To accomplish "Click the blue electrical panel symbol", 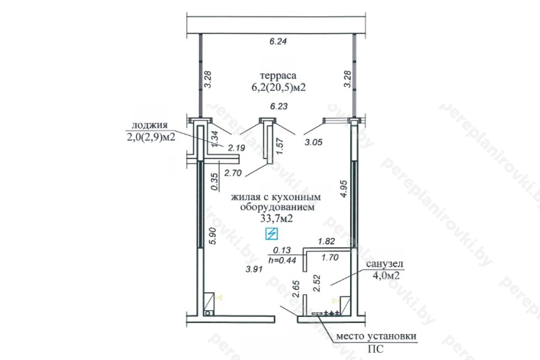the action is pyautogui.click(x=271, y=234).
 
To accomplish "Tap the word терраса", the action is pyautogui.click(x=278, y=76).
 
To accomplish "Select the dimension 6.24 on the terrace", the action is pyautogui.click(x=278, y=41).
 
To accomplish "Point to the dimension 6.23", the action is pyautogui.click(x=279, y=106).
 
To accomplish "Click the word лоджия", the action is pyautogui.click(x=149, y=125).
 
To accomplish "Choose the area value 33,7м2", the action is pyautogui.click(x=276, y=219).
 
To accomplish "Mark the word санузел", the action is pyautogui.click(x=384, y=264).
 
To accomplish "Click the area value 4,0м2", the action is pyautogui.click(x=386, y=275).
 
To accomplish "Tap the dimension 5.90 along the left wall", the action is pyautogui.click(x=213, y=236).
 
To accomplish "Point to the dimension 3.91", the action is pyautogui.click(x=254, y=269).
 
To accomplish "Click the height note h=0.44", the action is pyautogui.click(x=282, y=260).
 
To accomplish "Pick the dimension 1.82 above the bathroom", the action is pyautogui.click(x=327, y=241).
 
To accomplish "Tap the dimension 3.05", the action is pyautogui.click(x=313, y=142).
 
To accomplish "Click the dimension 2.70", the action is pyautogui.click(x=233, y=173).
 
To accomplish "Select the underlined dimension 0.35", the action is pyautogui.click(x=215, y=182).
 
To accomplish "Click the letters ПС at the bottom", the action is pyautogui.click(x=375, y=349).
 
